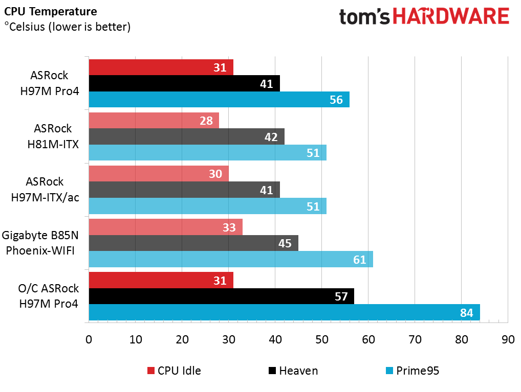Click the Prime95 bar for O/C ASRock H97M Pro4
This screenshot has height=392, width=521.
pyautogui.click(x=285, y=312)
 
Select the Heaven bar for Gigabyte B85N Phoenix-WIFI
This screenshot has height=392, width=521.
pyautogui.click(x=194, y=243)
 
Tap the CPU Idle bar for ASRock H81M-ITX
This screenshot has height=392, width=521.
pyautogui.click(x=154, y=121)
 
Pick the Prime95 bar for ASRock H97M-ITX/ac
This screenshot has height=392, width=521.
pyautogui.click(x=208, y=206)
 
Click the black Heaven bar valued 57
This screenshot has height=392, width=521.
pyautogui.click(x=222, y=296)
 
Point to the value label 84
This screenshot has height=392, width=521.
pyautogui.click(x=467, y=313)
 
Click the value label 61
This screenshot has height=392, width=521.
pyautogui.click(x=359, y=260)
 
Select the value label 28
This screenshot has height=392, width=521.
pyautogui.click(x=206, y=121)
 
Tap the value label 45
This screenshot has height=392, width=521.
pyautogui.click(x=285, y=243)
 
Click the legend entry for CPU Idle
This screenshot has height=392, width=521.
pyautogui.click(x=174, y=371)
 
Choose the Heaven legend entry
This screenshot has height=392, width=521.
pyautogui.click(x=293, y=371)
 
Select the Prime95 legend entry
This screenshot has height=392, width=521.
pyautogui.click(x=413, y=371)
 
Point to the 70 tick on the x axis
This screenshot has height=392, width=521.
pyautogui.click(x=415, y=339)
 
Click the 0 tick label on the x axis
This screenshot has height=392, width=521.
pyautogui.click(x=89, y=339)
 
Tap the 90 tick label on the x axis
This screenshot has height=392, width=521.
pyautogui.click(x=508, y=339)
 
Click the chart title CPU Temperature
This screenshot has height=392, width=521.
pyautogui.click(x=51, y=12)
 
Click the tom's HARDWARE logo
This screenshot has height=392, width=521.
pyautogui.click(x=424, y=16)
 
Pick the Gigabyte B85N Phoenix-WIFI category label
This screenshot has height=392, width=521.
pyautogui.click(x=40, y=243)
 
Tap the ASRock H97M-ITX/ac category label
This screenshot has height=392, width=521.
pyautogui.click(x=45, y=190)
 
